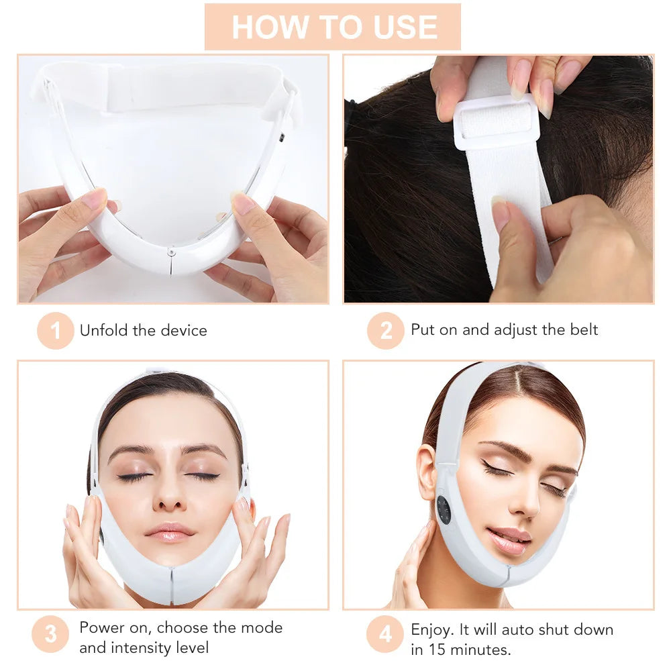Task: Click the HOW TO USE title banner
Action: (333, 27)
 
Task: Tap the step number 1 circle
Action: (55, 331)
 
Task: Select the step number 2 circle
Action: (385, 331)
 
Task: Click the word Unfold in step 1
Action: (101, 330)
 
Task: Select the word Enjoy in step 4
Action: (431, 629)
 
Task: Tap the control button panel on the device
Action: (445, 515)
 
